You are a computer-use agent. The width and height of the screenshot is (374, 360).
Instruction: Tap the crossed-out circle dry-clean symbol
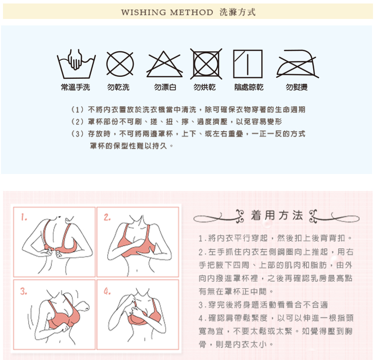tap(120, 64)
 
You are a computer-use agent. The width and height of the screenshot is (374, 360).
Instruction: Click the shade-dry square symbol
tap(234, 64)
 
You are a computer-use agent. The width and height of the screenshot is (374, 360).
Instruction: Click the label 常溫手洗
tap(75, 87)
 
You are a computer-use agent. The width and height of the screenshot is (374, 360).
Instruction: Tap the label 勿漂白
tap(165, 87)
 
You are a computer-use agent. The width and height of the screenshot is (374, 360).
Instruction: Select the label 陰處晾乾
tap(249, 87)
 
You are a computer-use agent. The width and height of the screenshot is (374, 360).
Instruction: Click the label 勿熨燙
tap(297, 87)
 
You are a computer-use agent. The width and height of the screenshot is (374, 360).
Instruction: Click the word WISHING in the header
tap(144, 12)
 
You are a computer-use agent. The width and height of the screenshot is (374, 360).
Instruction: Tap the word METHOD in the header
tap(191, 12)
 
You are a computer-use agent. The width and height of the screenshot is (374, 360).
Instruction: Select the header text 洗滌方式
tap(237, 12)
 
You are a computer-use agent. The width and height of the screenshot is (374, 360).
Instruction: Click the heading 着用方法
tap(277, 215)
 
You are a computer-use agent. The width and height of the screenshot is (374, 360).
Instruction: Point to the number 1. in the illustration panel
tap(23, 217)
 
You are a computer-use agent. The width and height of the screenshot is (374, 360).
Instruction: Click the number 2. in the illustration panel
tap(107, 217)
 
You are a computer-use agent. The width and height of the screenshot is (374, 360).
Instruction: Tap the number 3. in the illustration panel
tap(23, 291)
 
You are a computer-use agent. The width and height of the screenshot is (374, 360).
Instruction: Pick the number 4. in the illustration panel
tap(107, 291)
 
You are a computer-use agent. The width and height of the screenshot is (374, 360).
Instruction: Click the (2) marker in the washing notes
tap(77, 122)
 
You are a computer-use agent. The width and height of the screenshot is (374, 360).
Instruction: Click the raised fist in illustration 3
tap(83, 306)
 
